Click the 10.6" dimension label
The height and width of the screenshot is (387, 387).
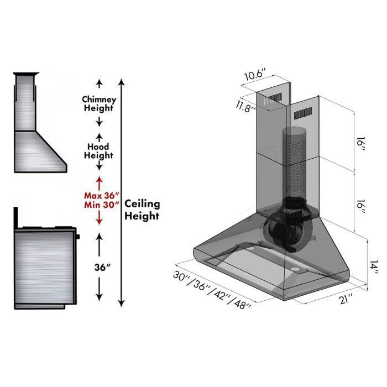256,74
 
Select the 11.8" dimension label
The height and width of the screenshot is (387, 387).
246,106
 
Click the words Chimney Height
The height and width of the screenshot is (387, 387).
99,103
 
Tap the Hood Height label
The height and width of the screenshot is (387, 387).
99,151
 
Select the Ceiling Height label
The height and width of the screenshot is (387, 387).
142,210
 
